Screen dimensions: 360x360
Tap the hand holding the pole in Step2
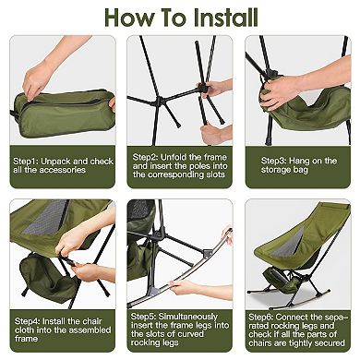click(x=218, y=89)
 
